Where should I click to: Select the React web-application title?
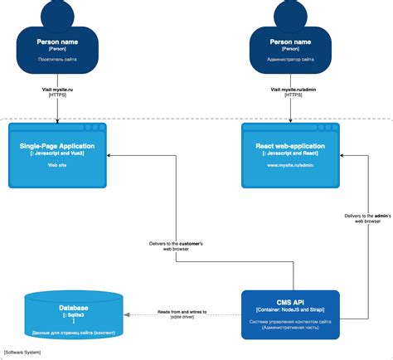tap(289, 146)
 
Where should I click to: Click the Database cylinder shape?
tap(74, 314)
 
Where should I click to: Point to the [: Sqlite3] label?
tap(74, 316)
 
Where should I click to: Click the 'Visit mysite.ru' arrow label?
tap(58, 88)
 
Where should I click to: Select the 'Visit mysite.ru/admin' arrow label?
tap(290, 88)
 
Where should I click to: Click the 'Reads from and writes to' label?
tap(182, 312)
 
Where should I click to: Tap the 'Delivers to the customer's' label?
tap(177, 243)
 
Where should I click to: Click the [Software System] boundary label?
tap(23, 353)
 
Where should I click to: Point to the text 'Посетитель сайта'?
tap(58, 60)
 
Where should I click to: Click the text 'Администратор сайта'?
tap(290, 60)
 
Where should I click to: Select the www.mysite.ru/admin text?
tap(289, 166)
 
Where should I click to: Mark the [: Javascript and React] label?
tap(289, 154)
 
